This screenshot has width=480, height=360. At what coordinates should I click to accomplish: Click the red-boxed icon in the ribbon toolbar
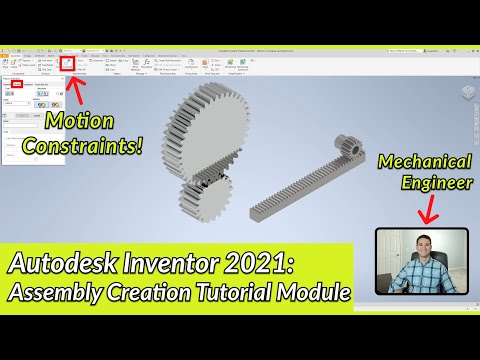(x=67, y=62)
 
